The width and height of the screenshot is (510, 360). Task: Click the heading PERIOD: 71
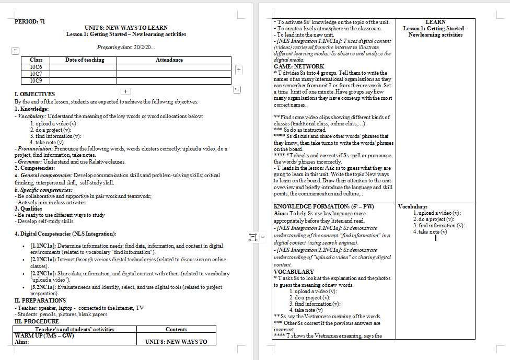tap(30, 21)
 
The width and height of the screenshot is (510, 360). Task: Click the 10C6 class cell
tap(36, 67)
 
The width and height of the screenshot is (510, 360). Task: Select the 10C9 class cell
tap(36, 80)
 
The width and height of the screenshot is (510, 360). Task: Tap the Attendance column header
tap(169, 60)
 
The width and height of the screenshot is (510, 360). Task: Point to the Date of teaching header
tap(84, 60)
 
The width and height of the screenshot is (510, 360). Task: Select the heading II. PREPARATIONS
tap(40, 300)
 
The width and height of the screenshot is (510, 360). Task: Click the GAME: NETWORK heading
tap(298, 66)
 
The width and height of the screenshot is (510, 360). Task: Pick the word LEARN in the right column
tap(435, 22)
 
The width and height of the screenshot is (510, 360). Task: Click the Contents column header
tap(176, 329)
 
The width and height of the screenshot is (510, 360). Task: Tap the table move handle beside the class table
tap(16, 51)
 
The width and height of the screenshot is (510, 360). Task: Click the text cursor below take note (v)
tap(435, 238)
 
